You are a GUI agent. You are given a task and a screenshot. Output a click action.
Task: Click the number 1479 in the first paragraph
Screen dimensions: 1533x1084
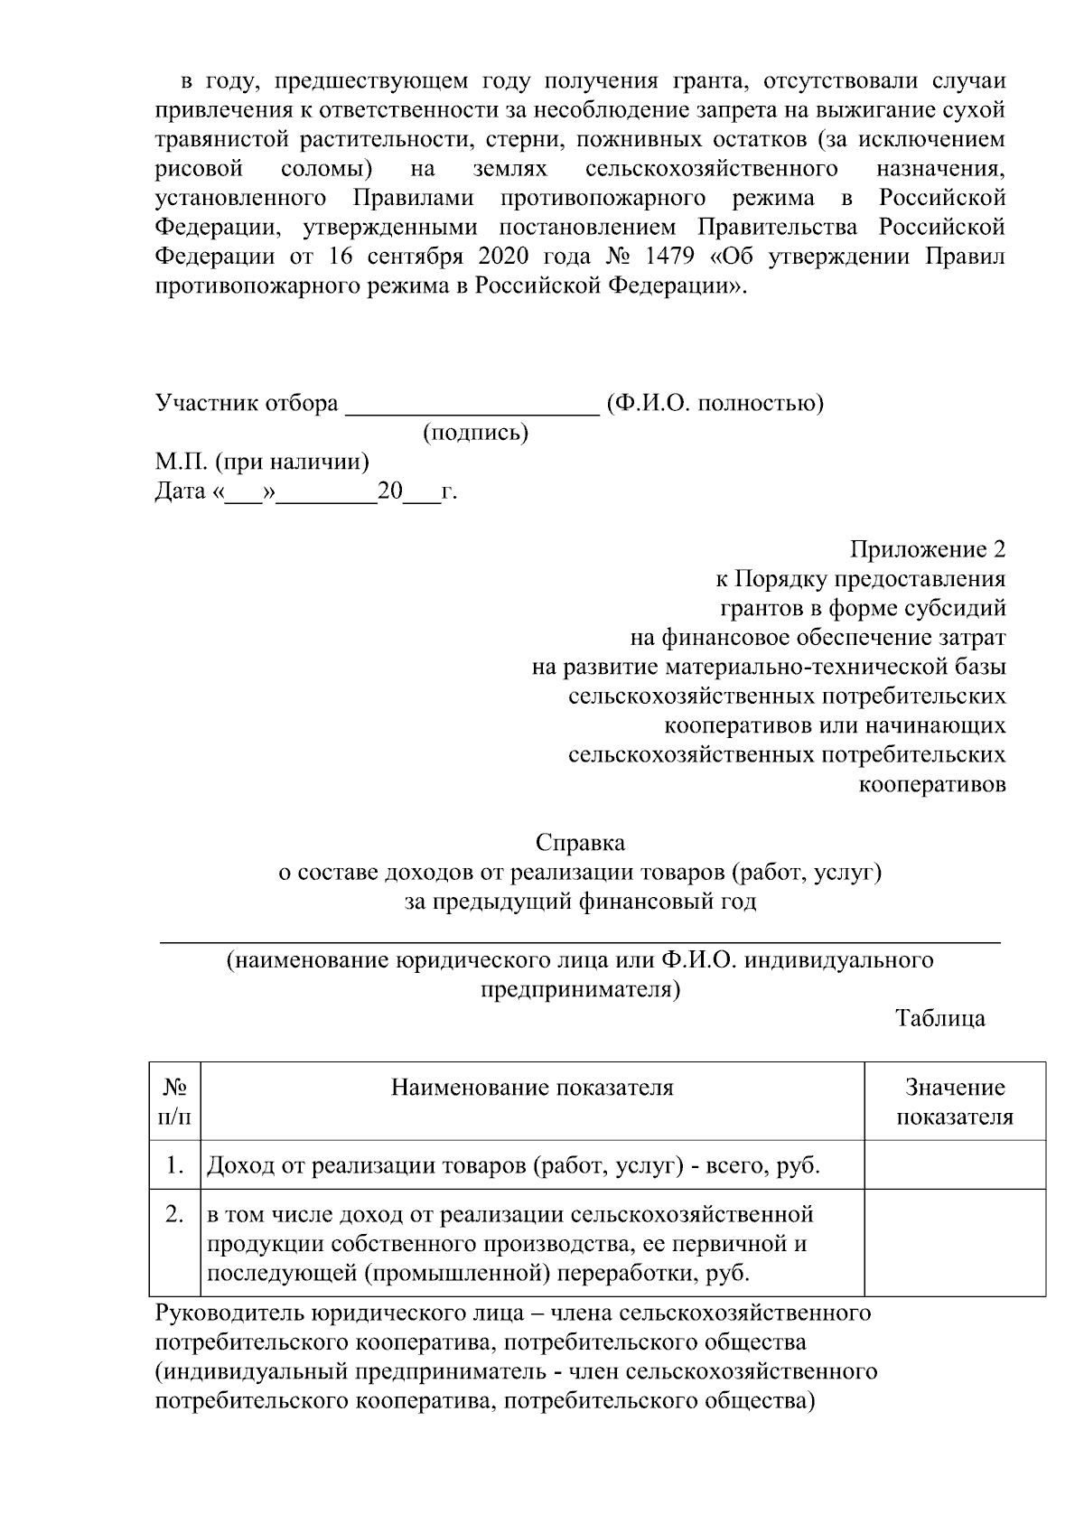(x=670, y=257)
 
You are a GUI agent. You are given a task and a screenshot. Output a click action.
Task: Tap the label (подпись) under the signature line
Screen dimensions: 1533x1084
(x=476, y=433)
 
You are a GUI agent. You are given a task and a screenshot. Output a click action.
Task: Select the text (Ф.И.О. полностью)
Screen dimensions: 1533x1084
(x=715, y=403)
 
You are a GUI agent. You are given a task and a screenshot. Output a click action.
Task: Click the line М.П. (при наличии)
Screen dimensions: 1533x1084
(x=262, y=463)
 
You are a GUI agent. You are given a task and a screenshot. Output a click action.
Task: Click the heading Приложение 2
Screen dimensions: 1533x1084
(x=927, y=549)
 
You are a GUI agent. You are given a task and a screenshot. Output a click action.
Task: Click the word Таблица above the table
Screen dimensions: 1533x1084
(x=940, y=1018)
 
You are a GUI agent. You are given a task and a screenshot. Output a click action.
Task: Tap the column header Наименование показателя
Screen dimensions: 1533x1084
(x=532, y=1087)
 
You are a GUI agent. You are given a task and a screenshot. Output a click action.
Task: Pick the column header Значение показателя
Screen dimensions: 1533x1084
(x=955, y=1101)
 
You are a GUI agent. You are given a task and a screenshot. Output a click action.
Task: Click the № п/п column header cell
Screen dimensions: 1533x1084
(x=174, y=1101)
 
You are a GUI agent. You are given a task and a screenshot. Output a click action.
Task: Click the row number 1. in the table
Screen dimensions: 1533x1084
(x=175, y=1165)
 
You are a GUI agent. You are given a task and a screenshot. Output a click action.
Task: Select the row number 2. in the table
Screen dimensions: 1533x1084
(x=175, y=1214)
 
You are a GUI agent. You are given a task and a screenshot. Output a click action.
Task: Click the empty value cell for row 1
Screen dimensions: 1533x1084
(x=955, y=1164)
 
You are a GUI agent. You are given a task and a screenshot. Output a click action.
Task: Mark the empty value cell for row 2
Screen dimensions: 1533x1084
(x=955, y=1243)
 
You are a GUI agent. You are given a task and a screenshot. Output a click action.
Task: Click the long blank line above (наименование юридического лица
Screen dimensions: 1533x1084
(x=580, y=941)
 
